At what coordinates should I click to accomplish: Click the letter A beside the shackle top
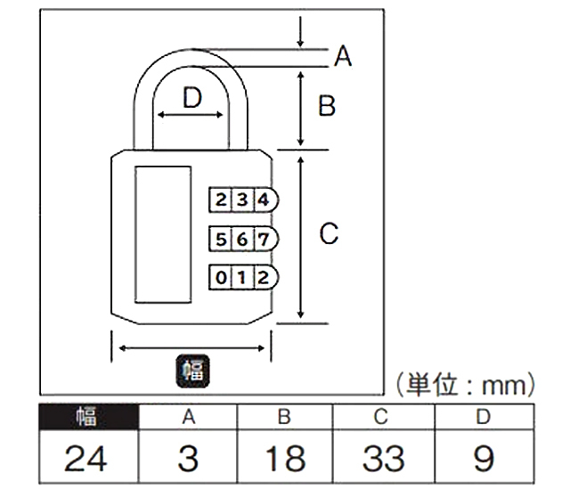pos(343,56)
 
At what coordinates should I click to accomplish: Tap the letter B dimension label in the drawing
pos(327,106)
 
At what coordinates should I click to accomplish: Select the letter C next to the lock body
pos(329,233)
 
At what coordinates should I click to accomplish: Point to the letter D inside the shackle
pos(192,98)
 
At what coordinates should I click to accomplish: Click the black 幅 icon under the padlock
pos(192,371)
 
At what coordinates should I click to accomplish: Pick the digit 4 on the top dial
pos(264,200)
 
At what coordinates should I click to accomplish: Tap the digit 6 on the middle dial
pos(242,240)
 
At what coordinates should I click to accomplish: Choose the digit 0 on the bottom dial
pos(221,278)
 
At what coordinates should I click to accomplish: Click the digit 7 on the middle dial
pos(264,240)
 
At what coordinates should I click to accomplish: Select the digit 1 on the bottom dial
pos(241,278)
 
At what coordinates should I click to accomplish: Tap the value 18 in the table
pos(285,458)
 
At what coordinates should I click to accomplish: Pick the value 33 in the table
pos(384,458)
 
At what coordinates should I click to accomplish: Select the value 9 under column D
pos(484,458)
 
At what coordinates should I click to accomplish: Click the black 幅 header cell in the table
pos(89,417)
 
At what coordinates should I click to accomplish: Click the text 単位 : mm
pos(465,385)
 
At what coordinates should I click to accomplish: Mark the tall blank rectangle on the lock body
pos(163,234)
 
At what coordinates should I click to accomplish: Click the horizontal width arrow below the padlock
pos(191,348)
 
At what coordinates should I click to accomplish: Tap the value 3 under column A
pos(188,458)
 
